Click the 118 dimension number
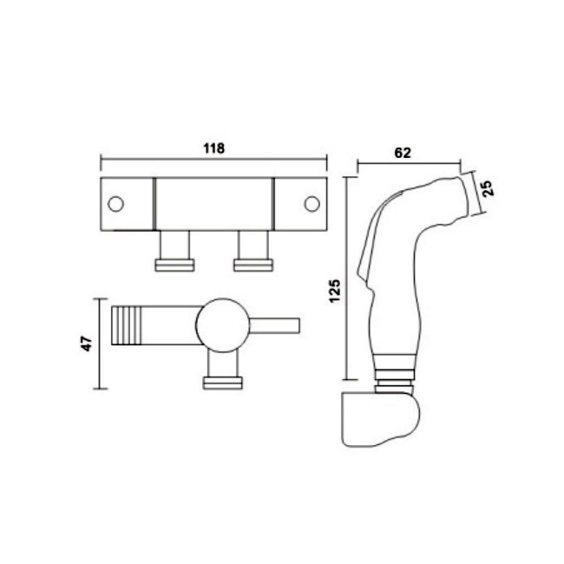(x=214, y=148)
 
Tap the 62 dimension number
(x=403, y=153)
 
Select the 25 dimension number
(x=488, y=187)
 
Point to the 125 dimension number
(x=335, y=291)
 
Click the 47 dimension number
(x=87, y=344)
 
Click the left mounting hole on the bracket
(x=115, y=204)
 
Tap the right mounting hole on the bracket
(x=312, y=204)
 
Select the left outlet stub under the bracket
(x=174, y=251)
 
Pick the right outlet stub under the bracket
(x=253, y=251)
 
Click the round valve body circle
(x=223, y=325)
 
